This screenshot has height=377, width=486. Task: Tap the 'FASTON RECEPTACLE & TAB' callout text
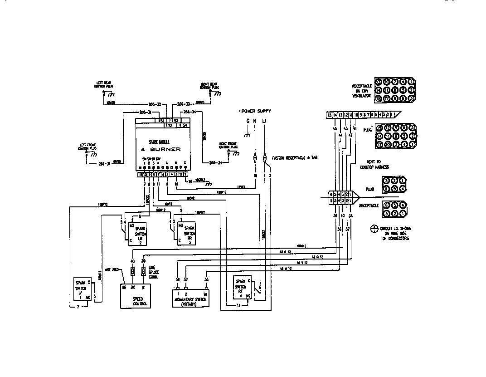294,158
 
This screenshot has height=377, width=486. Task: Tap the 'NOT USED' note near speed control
112,269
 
